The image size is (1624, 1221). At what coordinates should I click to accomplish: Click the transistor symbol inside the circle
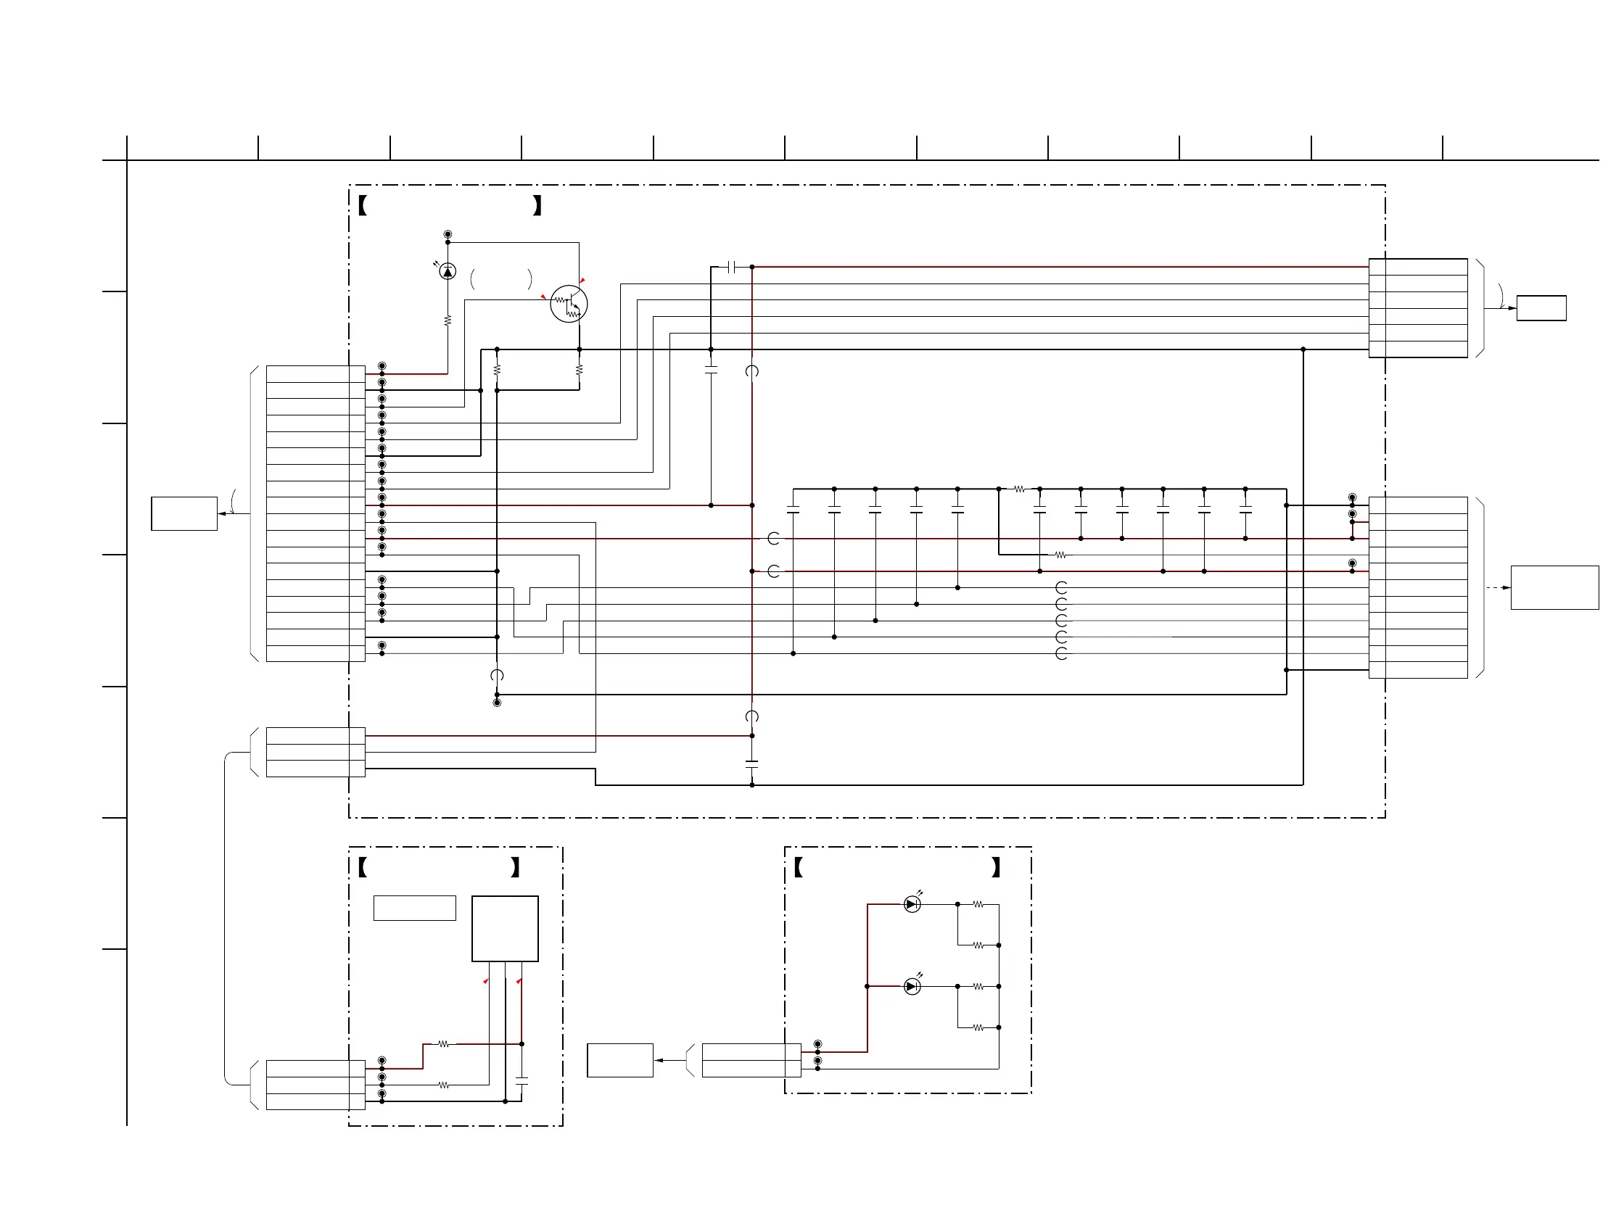[569, 304]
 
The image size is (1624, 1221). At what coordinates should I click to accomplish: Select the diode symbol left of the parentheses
[447, 272]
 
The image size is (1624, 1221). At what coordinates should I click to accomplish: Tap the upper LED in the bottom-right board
[912, 905]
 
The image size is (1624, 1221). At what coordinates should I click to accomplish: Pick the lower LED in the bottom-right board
[912, 987]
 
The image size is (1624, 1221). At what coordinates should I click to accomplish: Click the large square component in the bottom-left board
[504, 928]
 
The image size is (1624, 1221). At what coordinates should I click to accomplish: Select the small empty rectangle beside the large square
[414, 908]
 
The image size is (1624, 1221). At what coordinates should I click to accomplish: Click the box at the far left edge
[184, 513]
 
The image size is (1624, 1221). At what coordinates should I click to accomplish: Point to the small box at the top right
[1541, 308]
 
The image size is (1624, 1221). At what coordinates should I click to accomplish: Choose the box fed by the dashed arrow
[1554, 587]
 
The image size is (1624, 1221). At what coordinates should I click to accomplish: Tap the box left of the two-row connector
[619, 1060]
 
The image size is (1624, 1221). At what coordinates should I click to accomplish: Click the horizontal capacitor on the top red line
[731, 267]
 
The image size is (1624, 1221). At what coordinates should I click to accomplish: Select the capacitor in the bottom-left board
[522, 1081]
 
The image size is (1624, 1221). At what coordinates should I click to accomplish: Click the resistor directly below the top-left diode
[447, 320]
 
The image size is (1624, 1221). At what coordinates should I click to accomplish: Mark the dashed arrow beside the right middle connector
[1498, 588]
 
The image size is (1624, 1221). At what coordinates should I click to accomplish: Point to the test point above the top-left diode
[447, 235]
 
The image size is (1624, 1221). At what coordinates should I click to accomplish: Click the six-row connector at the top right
[1418, 308]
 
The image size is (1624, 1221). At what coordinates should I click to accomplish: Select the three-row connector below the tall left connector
[315, 752]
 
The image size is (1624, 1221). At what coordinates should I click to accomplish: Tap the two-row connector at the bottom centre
[751, 1060]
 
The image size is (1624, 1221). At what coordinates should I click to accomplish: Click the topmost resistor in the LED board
[978, 905]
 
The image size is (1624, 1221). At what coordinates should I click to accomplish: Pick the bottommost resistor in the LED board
[978, 1028]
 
